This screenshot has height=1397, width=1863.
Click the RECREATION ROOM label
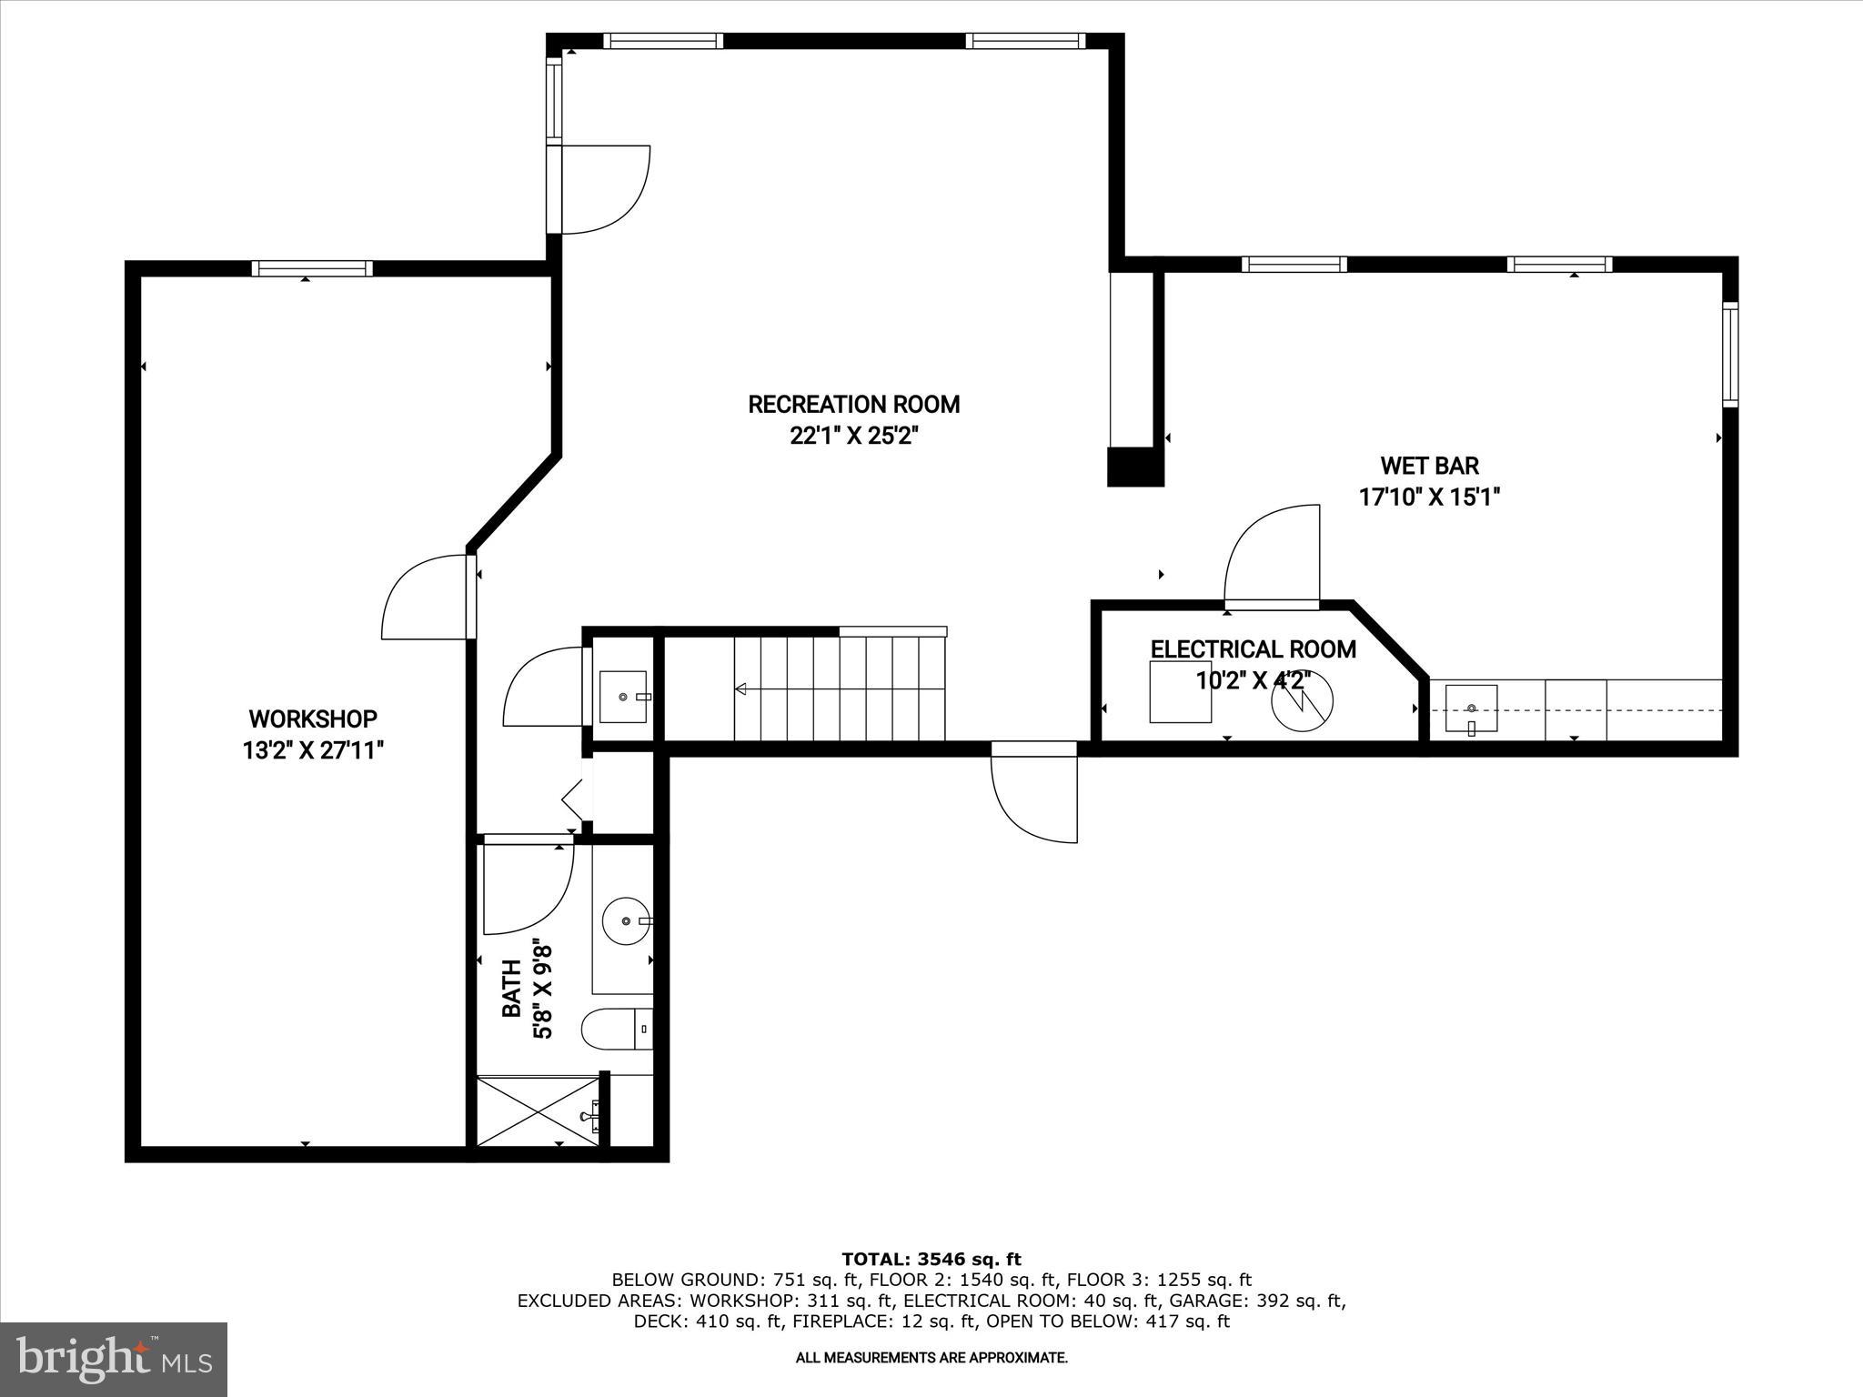tap(853, 404)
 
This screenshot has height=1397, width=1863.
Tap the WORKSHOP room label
tap(313, 719)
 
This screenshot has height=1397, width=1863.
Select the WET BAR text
tap(1429, 466)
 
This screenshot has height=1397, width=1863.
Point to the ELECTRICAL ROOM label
tap(1253, 649)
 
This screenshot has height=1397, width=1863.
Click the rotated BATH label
tap(512, 989)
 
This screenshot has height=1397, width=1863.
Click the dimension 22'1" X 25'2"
tap(853, 437)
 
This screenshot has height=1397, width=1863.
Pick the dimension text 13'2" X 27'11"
tap(313, 751)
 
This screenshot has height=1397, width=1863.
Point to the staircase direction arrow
tap(741, 688)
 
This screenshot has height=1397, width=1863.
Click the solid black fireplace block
tap(1134, 467)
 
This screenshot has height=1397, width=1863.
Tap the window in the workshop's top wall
tap(312, 267)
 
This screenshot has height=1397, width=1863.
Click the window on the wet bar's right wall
tap(1729, 354)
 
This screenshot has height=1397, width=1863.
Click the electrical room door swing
tap(1272, 555)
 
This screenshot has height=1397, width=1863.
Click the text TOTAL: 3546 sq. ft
tap(931, 1259)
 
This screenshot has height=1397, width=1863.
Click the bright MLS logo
tap(114, 1359)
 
